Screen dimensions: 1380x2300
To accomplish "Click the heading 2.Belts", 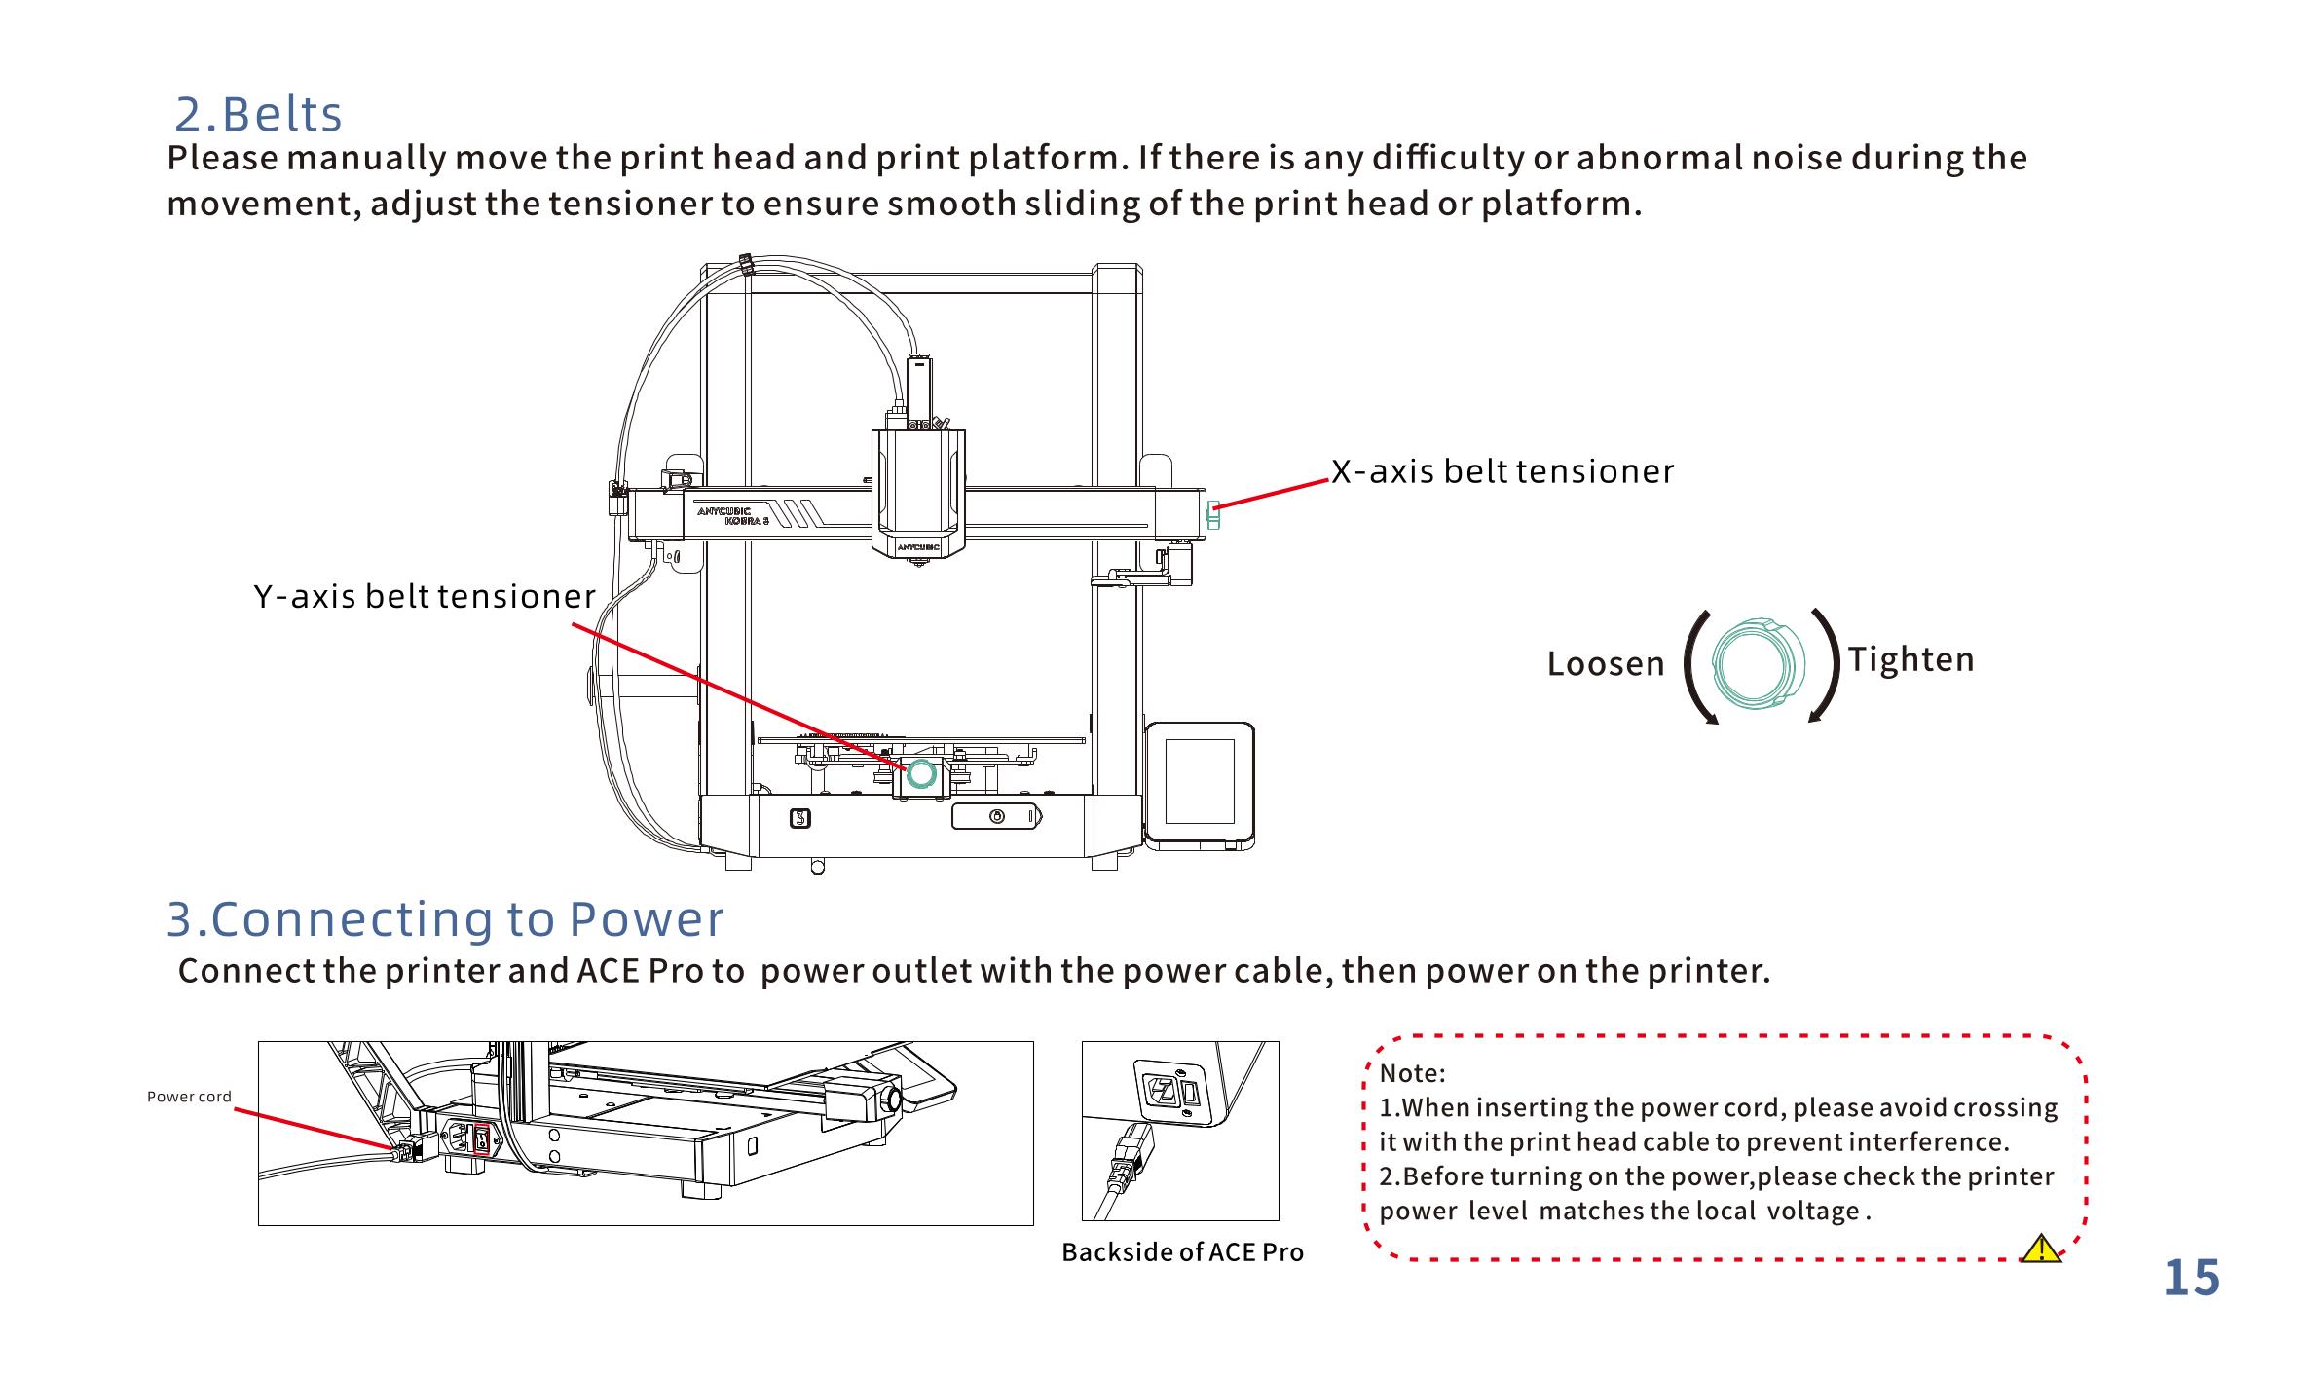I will point(258,115).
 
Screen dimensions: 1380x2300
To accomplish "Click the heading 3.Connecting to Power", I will point(445,919).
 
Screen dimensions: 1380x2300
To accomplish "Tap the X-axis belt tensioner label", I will point(1502,472).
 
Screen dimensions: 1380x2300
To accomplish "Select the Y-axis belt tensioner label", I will point(425,596).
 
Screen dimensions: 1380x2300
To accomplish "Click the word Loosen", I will point(1606,664).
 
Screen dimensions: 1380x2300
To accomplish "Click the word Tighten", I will point(1910,660).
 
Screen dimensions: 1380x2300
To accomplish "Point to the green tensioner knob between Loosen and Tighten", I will point(1752,662).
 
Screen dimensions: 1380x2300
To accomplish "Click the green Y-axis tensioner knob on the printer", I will point(920,775).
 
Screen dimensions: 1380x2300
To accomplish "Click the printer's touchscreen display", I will point(1199,781).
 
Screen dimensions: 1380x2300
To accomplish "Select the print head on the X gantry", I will point(918,492).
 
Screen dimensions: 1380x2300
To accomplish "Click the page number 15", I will point(2191,1279).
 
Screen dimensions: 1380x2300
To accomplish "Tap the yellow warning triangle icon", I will point(2040,1249).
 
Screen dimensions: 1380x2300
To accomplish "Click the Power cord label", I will point(189,1097).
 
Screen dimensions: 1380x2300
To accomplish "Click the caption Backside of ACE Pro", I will point(1182,1252).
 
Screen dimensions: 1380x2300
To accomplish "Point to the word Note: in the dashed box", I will point(1412,1074).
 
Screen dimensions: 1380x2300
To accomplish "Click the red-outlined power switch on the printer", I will point(481,1138).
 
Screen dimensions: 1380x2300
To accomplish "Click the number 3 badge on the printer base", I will point(798,818).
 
